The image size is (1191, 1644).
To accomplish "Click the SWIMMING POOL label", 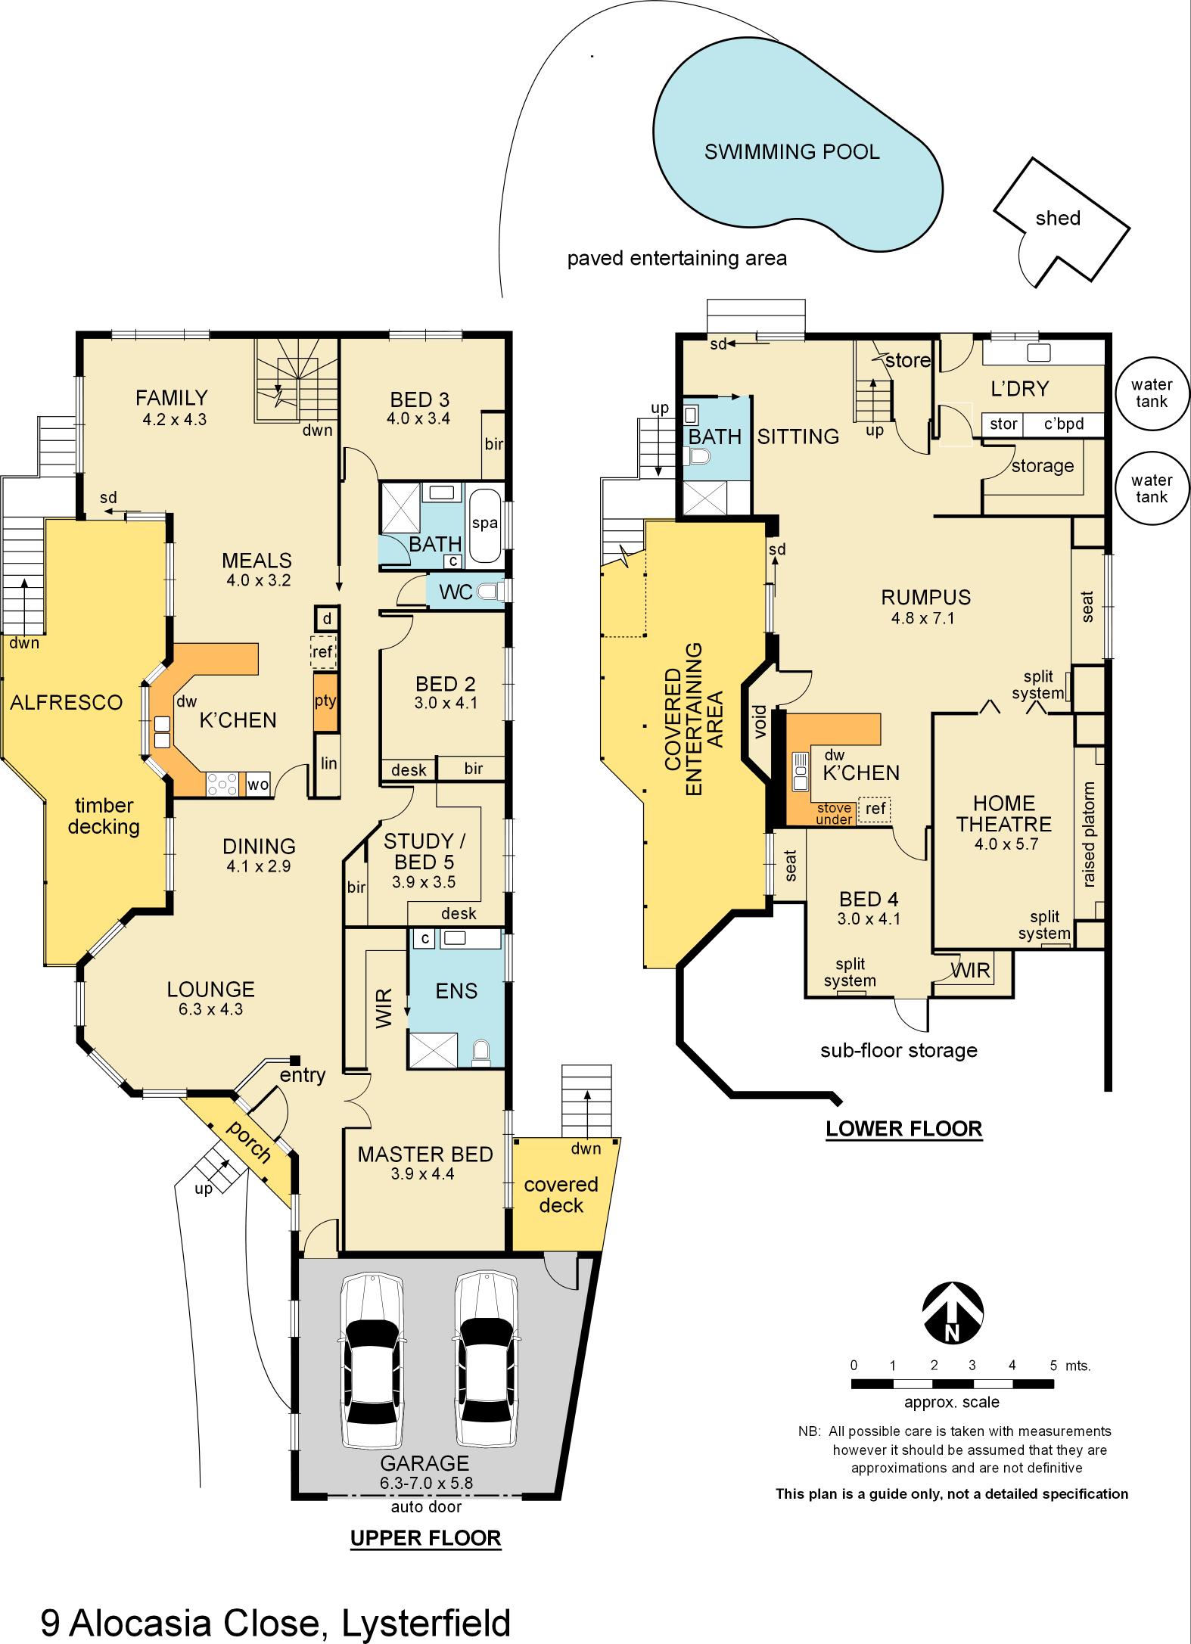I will click(791, 152).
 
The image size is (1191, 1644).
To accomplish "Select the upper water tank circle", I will click(1151, 393).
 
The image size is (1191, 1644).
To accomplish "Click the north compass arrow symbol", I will click(953, 1317).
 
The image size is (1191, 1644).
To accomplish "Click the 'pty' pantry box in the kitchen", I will click(325, 701).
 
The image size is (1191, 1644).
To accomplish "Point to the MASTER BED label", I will click(425, 1155).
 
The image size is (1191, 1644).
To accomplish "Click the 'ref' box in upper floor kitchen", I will click(324, 651).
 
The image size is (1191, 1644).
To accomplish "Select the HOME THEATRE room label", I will click(1003, 813).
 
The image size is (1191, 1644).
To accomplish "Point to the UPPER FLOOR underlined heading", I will click(425, 1537).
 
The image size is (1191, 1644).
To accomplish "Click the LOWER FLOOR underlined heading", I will click(903, 1129).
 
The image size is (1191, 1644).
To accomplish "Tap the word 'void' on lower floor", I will click(760, 721).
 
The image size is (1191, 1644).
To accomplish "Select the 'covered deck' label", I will click(561, 1195).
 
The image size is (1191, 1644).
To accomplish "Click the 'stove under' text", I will click(834, 814).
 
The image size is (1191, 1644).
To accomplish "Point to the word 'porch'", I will click(249, 1142).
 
